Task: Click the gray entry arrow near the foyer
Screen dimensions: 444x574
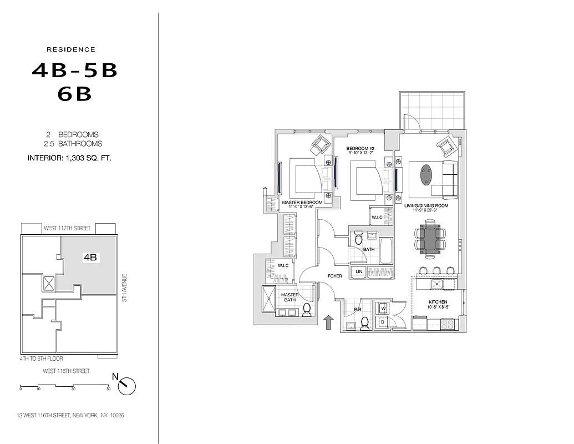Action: [x=328, y=322]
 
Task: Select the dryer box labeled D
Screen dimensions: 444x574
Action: [x=383, y=321]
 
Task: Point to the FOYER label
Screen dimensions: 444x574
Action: [x=335, y=275]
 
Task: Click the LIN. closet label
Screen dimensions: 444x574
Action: [x=359, y=272]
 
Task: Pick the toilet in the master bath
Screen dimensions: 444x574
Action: [x=307, y=311]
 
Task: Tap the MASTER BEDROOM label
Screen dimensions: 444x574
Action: [x=302, y=203]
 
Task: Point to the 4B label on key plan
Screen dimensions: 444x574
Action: [x=90, y=258]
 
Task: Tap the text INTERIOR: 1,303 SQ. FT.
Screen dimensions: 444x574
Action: [x=70, y=158]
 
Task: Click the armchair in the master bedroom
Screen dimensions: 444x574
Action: [x=320, y=145]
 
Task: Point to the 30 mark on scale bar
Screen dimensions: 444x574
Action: [x=73, y=389]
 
